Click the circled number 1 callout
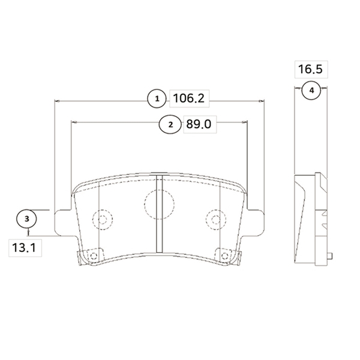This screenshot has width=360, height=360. pyautogui.click(x=157, y=99)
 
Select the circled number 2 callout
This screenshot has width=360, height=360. pyautogui.click(x=170, y=124)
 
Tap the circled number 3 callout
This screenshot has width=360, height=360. pyautogui.click(x=26, y=219)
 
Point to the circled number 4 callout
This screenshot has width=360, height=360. pyautogui.click(x=311, y=91)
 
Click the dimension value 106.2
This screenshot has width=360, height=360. pyautogui.click(x=189, y=98)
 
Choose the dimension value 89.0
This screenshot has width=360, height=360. pyautogui.click(x=199, y=124)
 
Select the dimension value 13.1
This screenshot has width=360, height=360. pyautogui.click(x=24, y=248)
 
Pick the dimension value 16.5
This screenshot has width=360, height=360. pyautogui.click(x=310, y=70)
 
